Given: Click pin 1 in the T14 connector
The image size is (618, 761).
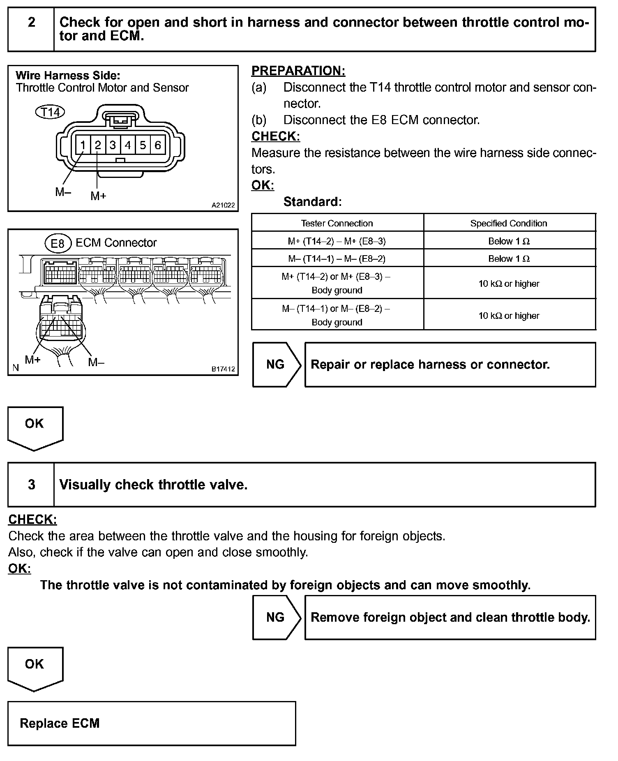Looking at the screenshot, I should [x=83, y=145].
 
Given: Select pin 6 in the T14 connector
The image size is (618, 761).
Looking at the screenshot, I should [x=158, y=145].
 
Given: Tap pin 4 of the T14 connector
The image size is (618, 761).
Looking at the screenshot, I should [x=128, y=145].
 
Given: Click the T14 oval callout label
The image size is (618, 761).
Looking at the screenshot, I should [x=50, y=112].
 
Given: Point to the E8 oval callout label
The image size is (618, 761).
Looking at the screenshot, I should [x=58, y=243].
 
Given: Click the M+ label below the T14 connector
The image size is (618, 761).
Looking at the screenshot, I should [x=98, y=196].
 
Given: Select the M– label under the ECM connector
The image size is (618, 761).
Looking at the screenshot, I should [x=96, y=362].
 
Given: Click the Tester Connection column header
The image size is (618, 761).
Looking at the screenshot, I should [x=337, y=223].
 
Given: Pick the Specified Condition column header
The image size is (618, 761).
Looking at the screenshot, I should [x=509, y=223].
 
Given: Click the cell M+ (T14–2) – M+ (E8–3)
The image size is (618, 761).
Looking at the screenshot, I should [x=337, y=241].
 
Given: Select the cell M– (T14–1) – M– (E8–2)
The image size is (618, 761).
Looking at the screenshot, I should [x=337, y=258].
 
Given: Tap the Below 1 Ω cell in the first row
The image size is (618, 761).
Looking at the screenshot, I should [x=509, y=241].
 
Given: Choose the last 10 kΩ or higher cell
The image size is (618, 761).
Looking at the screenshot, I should [x=509, y=316].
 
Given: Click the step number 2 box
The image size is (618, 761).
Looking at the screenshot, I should [x=32, y=22].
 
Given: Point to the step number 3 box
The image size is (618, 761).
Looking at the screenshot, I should [x=32, y=484].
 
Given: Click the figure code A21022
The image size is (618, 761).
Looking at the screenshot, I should [x=223, y=205].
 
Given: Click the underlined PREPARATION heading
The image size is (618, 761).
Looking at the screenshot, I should [x=298, y=71].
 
